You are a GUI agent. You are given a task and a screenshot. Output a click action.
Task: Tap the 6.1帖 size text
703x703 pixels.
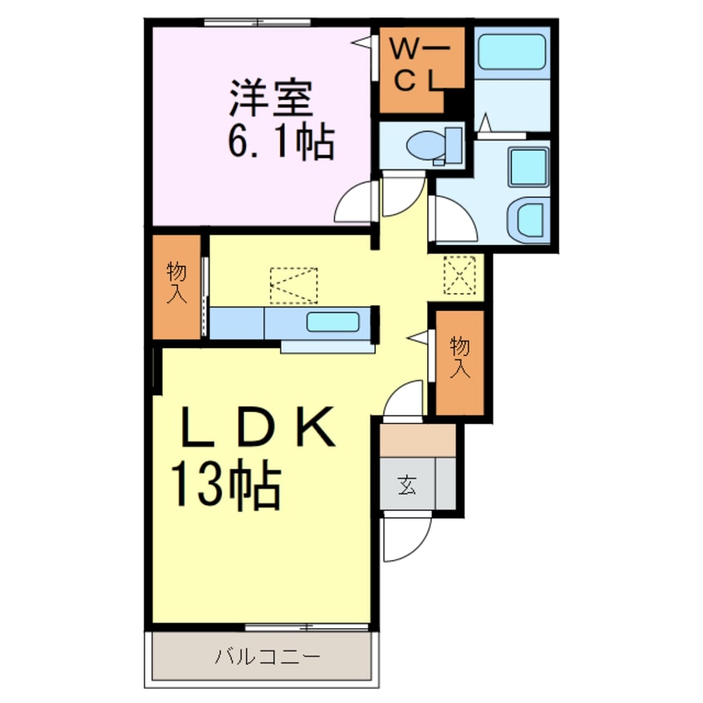tap(280, 143)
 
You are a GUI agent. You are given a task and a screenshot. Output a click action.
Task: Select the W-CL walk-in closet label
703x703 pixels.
tap(420, 68)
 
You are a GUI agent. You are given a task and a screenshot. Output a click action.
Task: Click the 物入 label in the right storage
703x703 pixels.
tap(460, 358)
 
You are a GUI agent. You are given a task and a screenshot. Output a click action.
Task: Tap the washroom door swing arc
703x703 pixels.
tap(451, 219)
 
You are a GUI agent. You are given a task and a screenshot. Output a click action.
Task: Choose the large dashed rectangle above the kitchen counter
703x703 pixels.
tap(294, 286)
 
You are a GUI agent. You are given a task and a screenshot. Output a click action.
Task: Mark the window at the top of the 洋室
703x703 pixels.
tap(258, 22)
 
